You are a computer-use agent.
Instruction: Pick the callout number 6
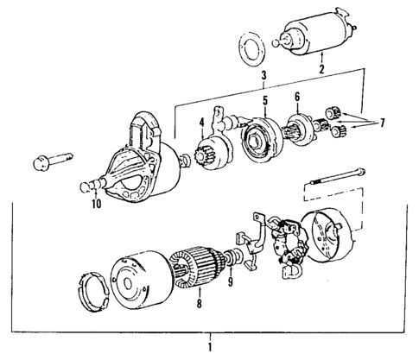click(x=298, y=98)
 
